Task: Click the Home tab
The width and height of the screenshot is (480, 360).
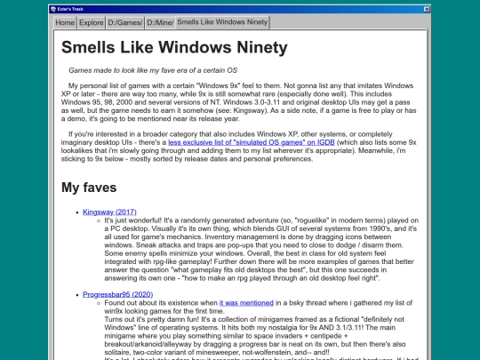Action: tap(65, 23)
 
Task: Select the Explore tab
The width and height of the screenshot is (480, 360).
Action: tap(92, 23)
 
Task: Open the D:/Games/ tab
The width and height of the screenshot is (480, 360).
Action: tap(126, 23)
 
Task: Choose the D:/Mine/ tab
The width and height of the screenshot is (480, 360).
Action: tap(159, 23)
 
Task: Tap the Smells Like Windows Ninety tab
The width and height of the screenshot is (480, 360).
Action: tap(222, 22)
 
